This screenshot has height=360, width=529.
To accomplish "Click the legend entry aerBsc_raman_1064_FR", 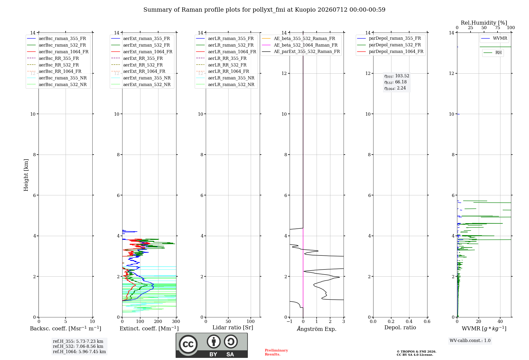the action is tap(58, 52).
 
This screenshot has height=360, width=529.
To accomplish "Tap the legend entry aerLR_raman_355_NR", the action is tap(225, 78).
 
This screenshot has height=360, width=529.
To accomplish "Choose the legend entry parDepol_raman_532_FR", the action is tap(389, 45).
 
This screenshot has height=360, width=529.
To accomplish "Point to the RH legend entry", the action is tap(492, 53).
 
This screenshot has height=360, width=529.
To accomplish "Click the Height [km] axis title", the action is tap(26, 175).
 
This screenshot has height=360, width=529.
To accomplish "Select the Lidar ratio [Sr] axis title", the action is tap(233, 327).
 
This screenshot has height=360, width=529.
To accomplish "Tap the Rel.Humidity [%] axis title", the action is tap(484, 23).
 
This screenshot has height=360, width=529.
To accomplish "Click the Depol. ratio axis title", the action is tap(400, 327).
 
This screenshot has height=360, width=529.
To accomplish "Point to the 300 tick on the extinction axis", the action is tap(176, 321).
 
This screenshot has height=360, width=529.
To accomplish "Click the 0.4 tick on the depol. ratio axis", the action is tap(409, 321).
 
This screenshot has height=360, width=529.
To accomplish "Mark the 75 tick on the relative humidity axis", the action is tap(498, 28).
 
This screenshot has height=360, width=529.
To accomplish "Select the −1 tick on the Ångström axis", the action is tap(289, 321).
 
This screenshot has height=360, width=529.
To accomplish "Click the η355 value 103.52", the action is tap(402, 76).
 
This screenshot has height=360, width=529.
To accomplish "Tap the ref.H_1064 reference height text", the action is tap(79, 352).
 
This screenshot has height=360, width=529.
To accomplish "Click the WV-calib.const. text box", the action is tap(470, 340).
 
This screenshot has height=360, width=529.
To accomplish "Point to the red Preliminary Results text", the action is tap(276, 352).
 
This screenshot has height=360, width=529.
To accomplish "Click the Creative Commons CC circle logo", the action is tap(188, 344).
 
